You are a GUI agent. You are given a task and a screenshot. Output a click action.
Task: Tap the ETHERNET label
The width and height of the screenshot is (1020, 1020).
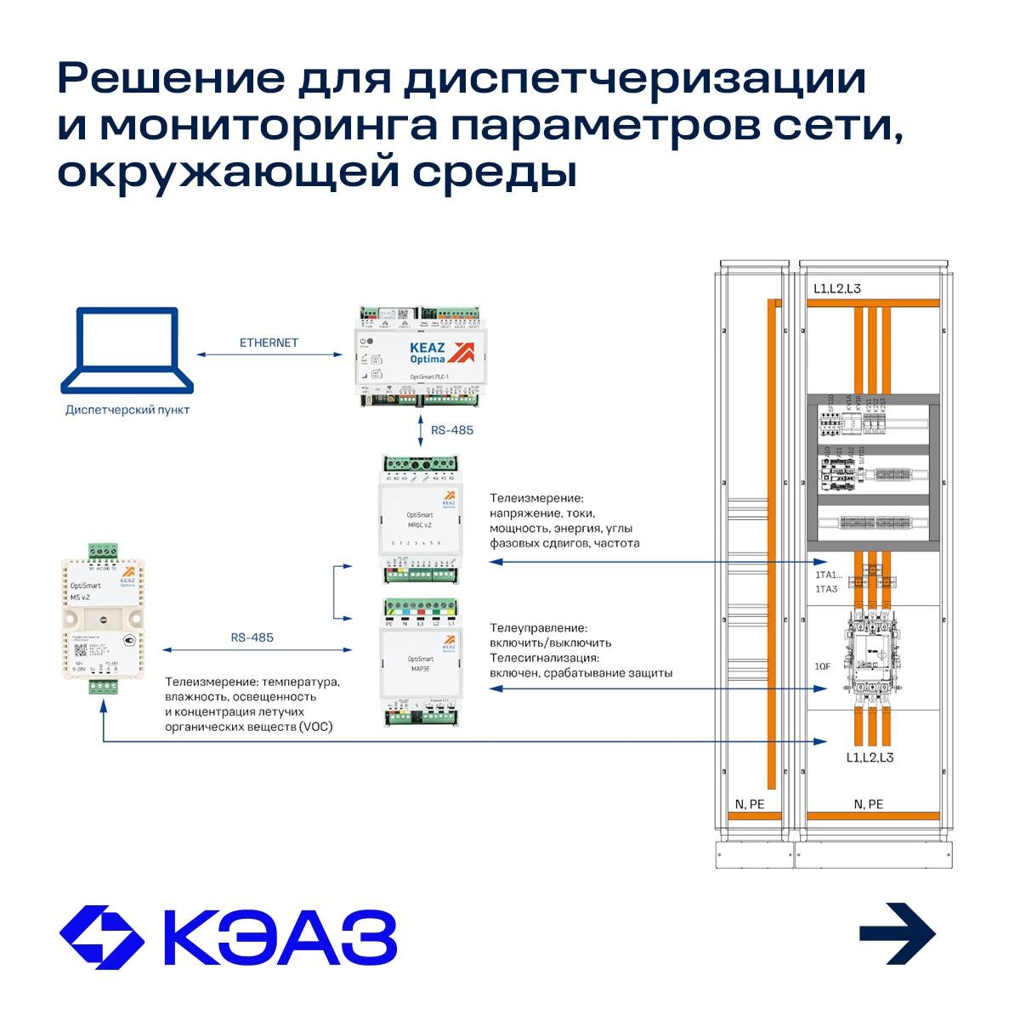point(269,343)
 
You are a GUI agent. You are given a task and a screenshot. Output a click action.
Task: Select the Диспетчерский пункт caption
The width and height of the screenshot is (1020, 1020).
point(127,410)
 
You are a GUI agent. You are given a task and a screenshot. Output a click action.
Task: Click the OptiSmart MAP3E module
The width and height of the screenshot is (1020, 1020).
point(421,662)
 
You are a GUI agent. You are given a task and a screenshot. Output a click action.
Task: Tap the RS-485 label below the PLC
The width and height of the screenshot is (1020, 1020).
point(452,430)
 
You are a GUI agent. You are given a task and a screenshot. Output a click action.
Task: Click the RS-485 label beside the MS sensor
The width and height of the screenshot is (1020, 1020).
point(252,637)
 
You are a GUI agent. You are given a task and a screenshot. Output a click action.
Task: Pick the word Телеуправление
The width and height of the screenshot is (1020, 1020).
point(538,628)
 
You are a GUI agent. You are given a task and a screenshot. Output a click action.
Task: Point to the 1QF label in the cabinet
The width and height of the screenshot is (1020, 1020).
point(822,666)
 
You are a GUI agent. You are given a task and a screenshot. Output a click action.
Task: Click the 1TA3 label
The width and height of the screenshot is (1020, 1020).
point(826,588)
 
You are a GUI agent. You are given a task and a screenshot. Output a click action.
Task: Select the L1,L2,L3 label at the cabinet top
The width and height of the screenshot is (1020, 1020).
point(836,289)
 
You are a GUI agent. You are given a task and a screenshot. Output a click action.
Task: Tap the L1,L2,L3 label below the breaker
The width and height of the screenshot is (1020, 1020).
point(870,757)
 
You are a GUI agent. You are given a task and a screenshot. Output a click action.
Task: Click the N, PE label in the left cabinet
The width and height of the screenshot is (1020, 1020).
point(750,804)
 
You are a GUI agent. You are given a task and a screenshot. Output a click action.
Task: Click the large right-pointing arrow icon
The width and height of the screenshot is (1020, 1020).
point(898,933)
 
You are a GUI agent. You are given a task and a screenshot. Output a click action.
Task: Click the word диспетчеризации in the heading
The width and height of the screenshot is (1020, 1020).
point(634,79)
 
